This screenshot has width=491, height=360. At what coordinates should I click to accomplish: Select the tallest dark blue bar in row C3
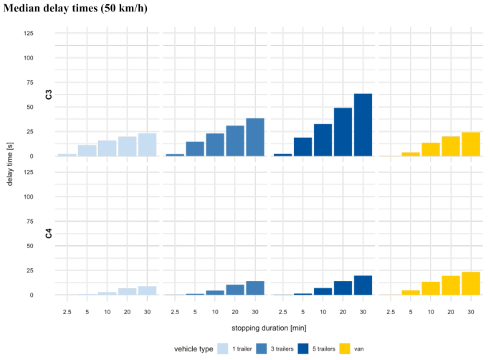[x=363, y=125]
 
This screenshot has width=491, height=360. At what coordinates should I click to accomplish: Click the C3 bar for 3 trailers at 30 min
[x=255, y=137]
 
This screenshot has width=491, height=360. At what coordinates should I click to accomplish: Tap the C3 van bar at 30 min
[x=470, y=144]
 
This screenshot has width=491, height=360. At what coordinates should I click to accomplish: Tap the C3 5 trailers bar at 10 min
[x=323, y=140]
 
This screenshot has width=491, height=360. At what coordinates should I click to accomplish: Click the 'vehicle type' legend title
[x=193, y=349]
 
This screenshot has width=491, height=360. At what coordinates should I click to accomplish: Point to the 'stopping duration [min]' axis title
[x=267, y=328]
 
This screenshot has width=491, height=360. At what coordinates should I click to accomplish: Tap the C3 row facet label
[x=49, y=95]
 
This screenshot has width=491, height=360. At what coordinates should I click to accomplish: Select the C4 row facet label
[x=49, y=233]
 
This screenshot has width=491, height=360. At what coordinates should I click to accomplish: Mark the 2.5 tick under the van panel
[x=390, y=312]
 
